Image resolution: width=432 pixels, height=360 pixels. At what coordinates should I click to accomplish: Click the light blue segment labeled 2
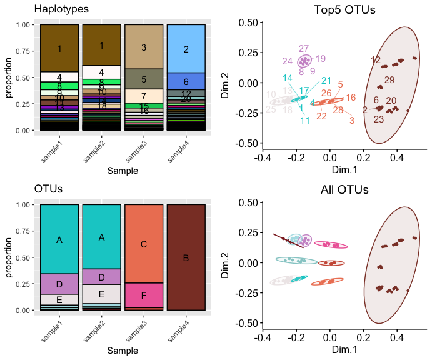point(186,49)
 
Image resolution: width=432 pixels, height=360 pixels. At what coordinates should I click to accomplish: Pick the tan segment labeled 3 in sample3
point(144,47)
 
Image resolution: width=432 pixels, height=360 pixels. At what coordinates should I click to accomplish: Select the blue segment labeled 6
point(186,81)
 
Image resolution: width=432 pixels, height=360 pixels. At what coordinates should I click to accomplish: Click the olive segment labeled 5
point(144,79)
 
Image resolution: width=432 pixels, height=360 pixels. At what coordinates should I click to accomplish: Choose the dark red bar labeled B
point(186,257)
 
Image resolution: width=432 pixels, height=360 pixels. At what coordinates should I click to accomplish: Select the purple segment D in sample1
point(59,284)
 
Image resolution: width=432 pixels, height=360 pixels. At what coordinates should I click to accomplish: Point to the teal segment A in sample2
point(101,237)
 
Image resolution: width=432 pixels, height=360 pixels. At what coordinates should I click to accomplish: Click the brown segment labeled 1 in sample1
point(59,48)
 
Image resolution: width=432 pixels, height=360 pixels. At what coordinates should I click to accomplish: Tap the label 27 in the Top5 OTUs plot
point(304,49)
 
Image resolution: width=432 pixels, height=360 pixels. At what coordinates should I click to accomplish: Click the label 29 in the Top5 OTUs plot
point(389,80)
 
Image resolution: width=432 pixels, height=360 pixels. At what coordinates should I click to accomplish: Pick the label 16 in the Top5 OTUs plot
point(351,97)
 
